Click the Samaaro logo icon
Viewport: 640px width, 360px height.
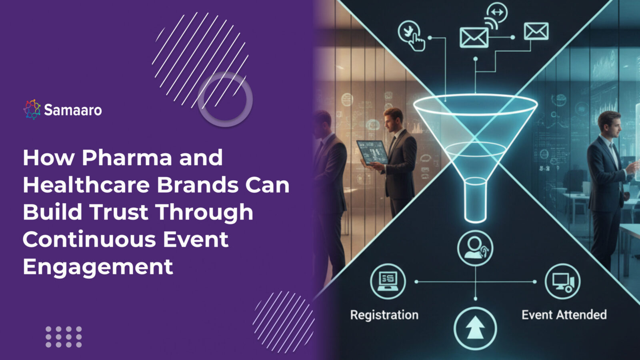(32, 110)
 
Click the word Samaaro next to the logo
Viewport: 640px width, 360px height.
(73, 110)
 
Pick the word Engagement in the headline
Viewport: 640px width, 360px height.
(98, 266)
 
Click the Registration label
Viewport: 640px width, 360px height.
(384, 315)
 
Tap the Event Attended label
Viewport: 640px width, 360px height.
(564, 315)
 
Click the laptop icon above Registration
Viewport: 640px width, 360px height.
(388, 281)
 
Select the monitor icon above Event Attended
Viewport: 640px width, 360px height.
(562, 281)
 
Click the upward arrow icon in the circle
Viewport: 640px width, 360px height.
(475, 328)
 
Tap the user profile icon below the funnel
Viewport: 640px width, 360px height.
(475, 248)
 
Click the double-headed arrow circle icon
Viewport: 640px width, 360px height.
(496, 12)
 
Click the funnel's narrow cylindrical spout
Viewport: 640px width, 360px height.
(475, 200)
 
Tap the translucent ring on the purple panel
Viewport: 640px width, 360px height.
(225, 99)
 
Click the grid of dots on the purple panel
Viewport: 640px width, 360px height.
(63, 337)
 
